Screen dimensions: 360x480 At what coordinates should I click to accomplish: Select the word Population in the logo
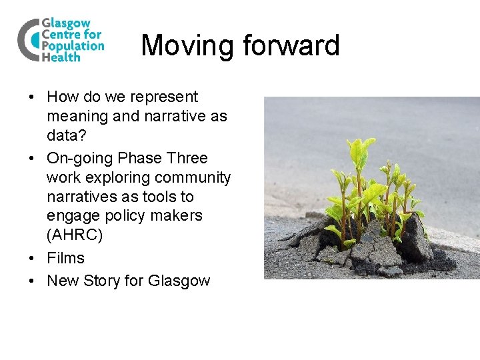(x=73, y=46)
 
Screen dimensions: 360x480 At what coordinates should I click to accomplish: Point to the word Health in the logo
(x=61, y=57)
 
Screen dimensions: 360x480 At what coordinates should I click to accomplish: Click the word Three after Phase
(x=187, y=158)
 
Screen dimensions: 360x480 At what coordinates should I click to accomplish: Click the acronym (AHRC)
(x=75, y=235)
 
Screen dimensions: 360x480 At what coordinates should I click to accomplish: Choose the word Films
(x=65, y=258)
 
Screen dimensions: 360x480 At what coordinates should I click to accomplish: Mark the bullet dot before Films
(x=32, y=259)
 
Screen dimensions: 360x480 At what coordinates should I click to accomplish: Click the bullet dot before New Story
(x=32, y=281)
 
